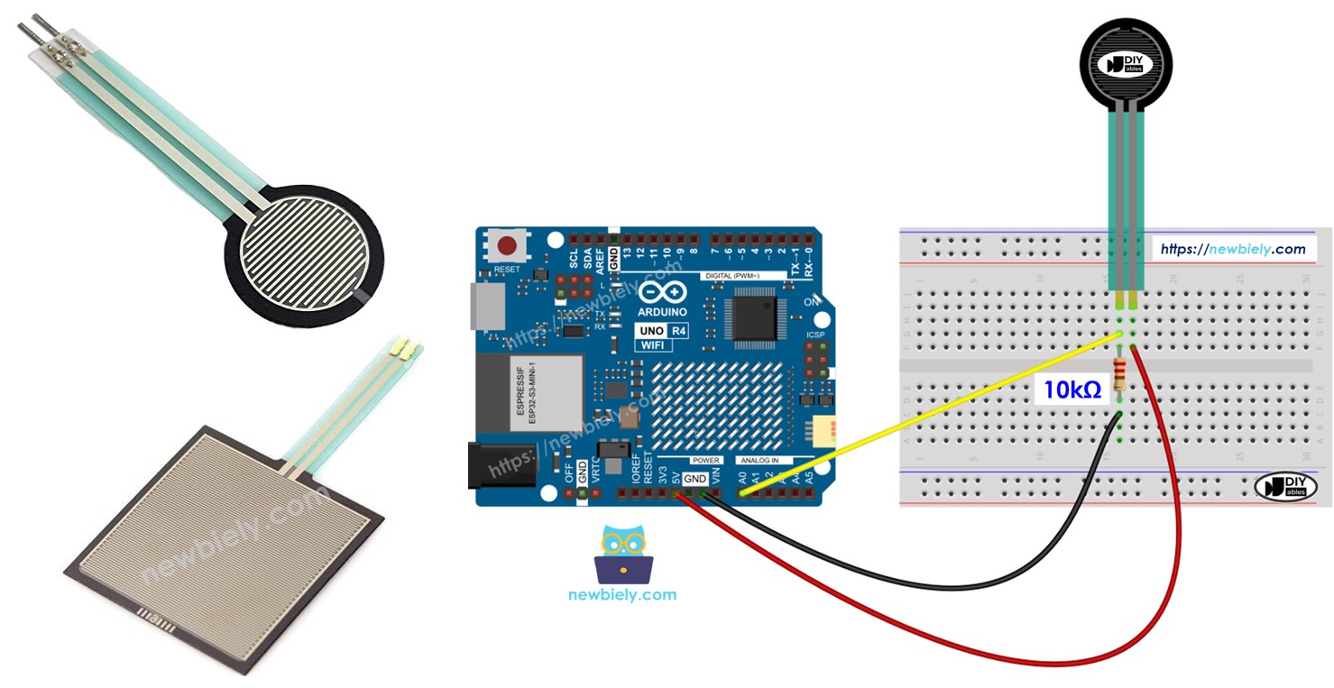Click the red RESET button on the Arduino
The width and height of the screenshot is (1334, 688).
[508, 245]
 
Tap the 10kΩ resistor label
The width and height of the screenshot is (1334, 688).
[1072, 390]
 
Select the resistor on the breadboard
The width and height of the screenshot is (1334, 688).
[1120, 373]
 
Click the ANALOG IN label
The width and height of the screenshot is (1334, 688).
[759, 460]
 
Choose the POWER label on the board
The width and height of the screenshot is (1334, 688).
[706, 460]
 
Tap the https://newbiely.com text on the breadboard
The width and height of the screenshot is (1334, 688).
[1233, 249]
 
